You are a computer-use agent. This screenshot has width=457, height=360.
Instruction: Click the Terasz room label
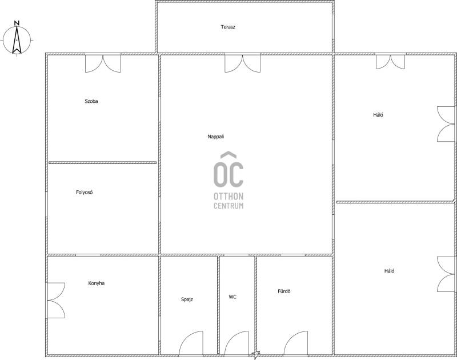228,27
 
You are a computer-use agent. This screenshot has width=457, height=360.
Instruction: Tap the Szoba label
91,101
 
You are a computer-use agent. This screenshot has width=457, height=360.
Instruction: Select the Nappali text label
216,137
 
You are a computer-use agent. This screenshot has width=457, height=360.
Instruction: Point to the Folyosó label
84,192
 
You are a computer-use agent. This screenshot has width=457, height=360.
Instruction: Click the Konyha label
96,283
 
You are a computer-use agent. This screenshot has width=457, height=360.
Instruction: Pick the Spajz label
187,299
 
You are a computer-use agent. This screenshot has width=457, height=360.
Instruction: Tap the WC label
232,297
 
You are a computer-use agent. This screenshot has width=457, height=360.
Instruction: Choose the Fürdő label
284,291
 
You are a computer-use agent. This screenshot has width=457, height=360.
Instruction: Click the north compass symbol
17,40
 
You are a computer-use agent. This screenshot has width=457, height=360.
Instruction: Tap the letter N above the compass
17,23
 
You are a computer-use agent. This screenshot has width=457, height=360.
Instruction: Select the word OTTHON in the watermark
228,196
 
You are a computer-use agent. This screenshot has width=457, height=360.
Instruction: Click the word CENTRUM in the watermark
228,206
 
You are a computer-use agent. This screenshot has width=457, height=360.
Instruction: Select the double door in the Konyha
56,300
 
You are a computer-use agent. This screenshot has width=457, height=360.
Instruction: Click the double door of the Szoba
103,63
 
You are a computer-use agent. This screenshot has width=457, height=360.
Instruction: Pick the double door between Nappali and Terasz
242,63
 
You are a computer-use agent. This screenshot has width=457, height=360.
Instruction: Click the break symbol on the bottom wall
255,355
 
